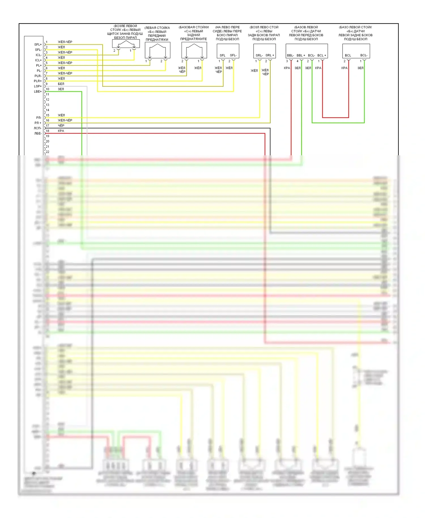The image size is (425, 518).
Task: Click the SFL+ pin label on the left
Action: click(38, 44)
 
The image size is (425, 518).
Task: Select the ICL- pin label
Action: click(39, 55)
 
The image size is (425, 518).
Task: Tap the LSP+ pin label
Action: click(38, 86)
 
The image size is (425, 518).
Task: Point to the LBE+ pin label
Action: click(38, 92)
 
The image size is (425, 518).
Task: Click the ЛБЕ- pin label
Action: click(38, 133)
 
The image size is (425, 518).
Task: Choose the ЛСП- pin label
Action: click(38, 128)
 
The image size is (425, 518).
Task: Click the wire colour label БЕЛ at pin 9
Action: click(61, 84)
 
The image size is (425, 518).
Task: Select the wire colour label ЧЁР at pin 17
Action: click(61, 126)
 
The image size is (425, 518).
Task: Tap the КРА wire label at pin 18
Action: click(61, 131)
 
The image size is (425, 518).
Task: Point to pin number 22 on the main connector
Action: click(47, 152)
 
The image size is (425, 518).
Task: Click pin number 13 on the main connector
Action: click(47, 105)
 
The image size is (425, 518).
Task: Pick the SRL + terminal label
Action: click(269, 55)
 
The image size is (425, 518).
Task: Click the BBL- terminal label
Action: click(290, 55)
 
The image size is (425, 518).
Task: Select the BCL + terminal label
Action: click(322, 55)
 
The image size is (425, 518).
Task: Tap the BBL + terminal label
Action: click(301, 55)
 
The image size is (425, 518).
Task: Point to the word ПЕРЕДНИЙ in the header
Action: click(157, 36)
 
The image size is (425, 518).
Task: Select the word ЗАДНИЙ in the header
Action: click(194, 35)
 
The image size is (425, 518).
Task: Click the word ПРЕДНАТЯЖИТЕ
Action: click(194, 39)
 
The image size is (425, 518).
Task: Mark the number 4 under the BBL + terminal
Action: click(297, 61)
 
